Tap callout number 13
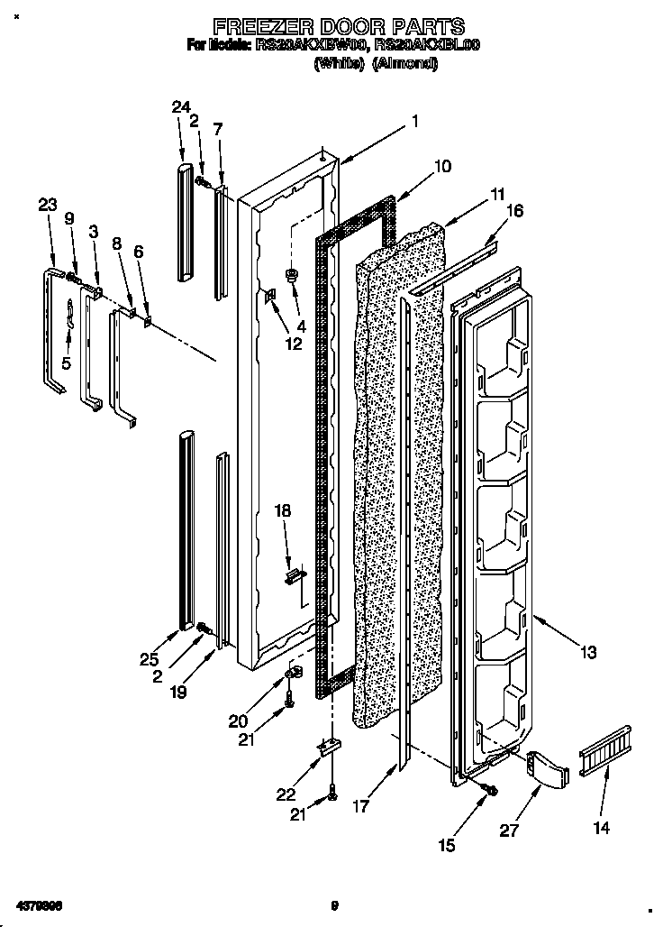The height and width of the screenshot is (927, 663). coord(587,653)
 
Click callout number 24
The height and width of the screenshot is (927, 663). coord(181,108)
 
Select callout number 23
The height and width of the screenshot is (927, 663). coord(47,206)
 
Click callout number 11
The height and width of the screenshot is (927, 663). coord(498,193)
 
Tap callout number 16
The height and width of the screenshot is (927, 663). coord(514,212)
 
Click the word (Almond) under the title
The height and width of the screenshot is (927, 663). coord(404,65)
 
